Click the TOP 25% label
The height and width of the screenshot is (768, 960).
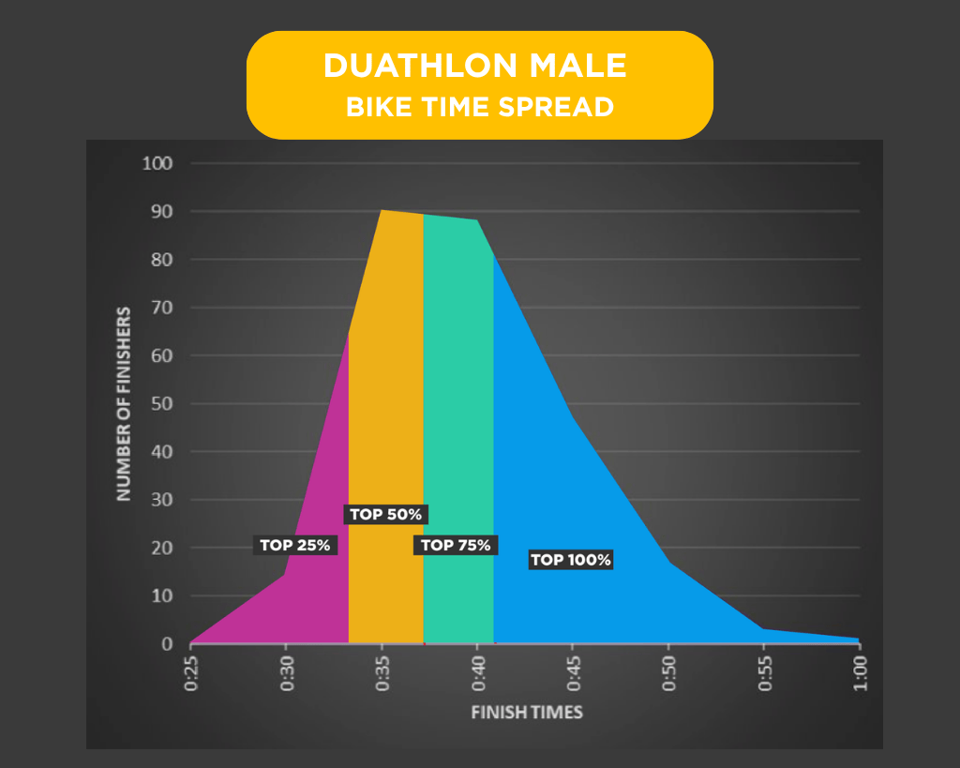tap(295, 545)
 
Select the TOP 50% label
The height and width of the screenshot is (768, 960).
tap(387, 514)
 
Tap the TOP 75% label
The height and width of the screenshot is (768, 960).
tap(456, 545)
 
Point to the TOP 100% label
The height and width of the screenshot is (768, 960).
tap(571, 560)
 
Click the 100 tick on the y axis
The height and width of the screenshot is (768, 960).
tap(157, 164)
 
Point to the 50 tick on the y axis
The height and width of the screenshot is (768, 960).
tap(162, 404)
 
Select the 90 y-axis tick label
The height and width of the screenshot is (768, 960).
tap(162, 212)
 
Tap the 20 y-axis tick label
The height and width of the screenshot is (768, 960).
tap(162, 548)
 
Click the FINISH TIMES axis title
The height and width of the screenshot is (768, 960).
tap(526, 712)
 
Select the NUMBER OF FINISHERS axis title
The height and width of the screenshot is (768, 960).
tap(124, 403)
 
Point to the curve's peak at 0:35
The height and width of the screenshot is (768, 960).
tap(382, 211)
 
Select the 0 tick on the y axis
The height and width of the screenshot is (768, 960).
tap(168, 644)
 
